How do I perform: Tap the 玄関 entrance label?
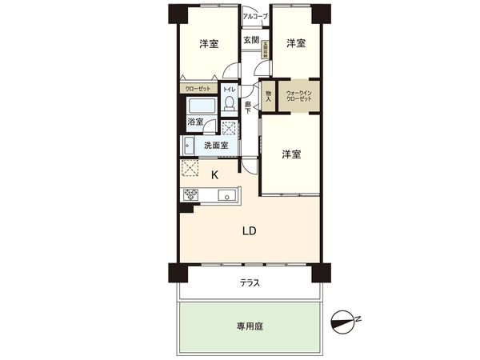[x=250, y=40]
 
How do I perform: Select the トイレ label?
[x=229, y=89]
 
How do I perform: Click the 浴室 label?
[x=195, y=123]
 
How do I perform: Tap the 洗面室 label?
[x=216, y=146]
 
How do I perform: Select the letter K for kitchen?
[x=214, y=174]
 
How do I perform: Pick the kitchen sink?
[x=226, y=194]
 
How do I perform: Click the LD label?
[x=249, y=231]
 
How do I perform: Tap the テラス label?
[x=249, y=283]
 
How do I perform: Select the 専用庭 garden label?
[x=249, y=326]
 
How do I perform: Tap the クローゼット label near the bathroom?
[x=198, y=89]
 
